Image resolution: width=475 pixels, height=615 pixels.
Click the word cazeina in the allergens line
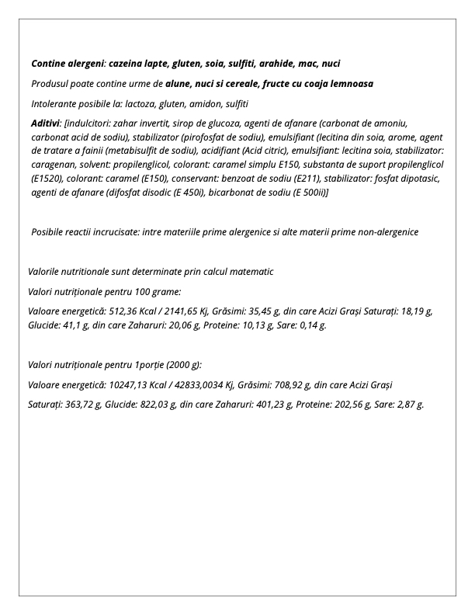coord(127,64)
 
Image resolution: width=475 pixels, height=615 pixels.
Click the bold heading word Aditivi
coord(46,123)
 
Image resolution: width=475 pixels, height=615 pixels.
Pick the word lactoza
coord(142,103)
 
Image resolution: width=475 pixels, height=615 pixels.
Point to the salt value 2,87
coord(400,405)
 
